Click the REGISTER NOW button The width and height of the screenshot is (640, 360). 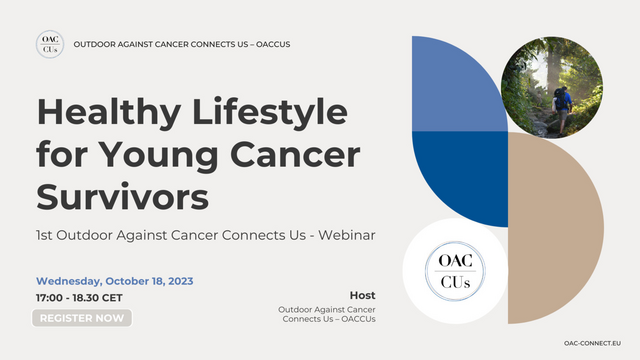coord(82,318)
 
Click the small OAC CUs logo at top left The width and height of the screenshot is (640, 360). coord(49,45)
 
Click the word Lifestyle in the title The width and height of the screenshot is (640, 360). coord(262,111)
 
